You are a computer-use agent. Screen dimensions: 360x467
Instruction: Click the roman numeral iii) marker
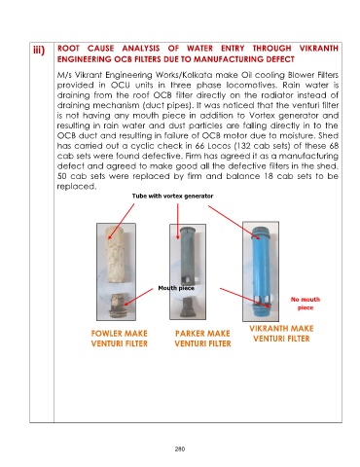39,51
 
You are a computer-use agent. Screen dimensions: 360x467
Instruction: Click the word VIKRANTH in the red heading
319,49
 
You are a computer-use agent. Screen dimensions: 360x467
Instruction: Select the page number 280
180,449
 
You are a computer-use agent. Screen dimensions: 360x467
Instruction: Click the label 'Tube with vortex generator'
172,196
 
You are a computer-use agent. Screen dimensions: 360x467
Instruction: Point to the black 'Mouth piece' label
176,288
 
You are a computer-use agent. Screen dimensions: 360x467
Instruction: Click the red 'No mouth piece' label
306,304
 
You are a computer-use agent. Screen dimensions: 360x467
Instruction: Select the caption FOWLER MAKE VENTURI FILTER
120,339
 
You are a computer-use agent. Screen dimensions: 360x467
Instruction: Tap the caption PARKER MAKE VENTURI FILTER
202,339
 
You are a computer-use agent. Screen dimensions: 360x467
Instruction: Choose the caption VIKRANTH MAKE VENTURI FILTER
281,334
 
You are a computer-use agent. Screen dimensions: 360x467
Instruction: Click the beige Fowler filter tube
117,254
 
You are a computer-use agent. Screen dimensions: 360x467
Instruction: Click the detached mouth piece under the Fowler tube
117,305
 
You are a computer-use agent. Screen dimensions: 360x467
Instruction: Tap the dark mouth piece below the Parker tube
188,307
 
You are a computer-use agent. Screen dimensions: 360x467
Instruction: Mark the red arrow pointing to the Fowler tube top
122,222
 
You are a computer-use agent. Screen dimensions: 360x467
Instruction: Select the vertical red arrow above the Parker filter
178,222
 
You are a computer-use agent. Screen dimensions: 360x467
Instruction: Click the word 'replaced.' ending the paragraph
77,187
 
